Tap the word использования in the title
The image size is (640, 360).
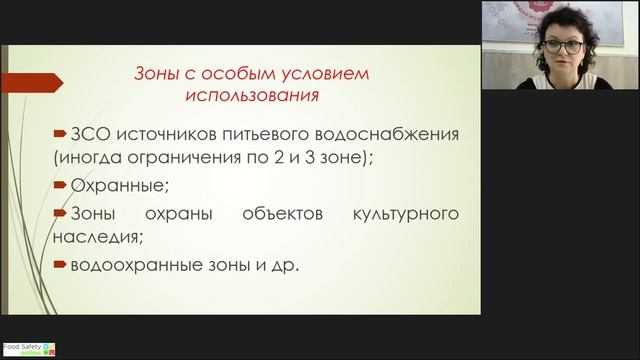(251, 97)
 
